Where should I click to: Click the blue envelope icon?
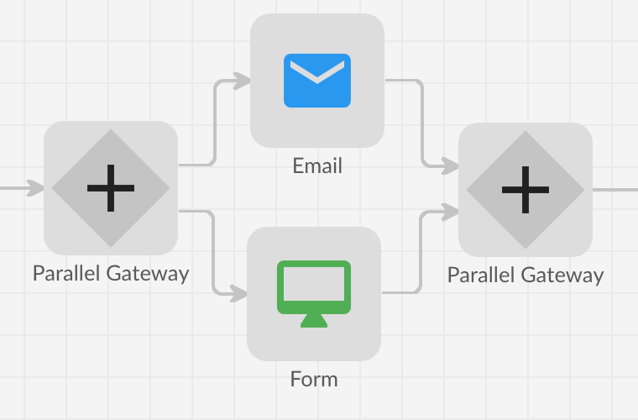(316, 81)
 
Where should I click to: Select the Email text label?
(317, 165)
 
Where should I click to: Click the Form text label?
(314, 379)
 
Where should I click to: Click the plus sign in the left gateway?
(111, 188)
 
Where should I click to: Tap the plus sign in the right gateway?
(526, 190)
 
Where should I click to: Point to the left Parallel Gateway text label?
(111, 273)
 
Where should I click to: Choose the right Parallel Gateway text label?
(526, 275)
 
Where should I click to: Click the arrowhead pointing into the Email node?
(242, 81)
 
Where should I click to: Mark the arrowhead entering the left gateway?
(34, 187)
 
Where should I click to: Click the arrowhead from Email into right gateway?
(451, 165)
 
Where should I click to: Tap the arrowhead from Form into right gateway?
(451, 213)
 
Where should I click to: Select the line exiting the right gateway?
(615, 190)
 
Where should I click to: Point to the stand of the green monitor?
(313, 319)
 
